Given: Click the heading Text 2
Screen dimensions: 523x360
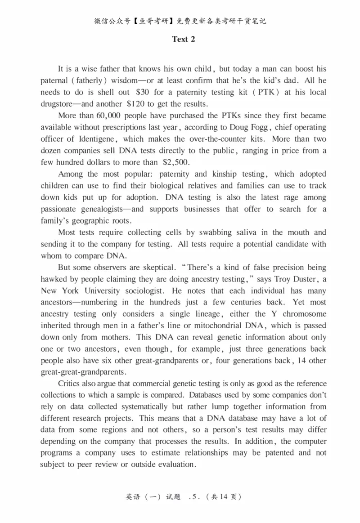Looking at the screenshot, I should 183,39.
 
